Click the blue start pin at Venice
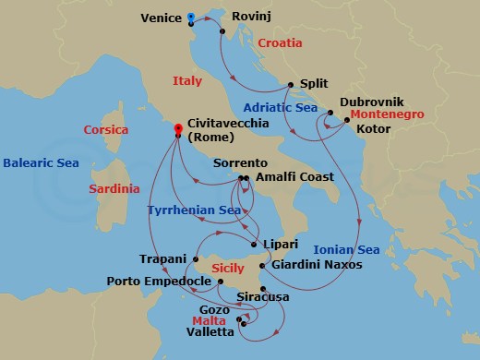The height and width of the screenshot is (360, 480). click(190, 17)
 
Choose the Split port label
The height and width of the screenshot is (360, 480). click(317, 83)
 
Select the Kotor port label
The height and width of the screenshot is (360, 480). click(372, 129)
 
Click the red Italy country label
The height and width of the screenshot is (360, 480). click(186, 81)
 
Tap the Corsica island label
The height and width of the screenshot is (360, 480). click(106, 130)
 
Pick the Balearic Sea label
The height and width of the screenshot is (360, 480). click(41, 162)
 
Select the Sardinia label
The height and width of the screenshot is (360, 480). click(114, 188)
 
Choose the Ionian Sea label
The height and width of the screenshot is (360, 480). click(346, 249)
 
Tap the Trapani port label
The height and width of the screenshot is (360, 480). click(162, 259)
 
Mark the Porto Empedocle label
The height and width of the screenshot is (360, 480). click(158, 281)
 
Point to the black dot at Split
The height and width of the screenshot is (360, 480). click(291, 86)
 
